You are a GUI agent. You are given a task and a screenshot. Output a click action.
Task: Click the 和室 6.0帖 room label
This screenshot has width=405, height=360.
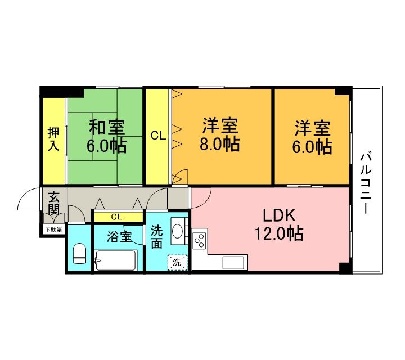click(x=107, y=136)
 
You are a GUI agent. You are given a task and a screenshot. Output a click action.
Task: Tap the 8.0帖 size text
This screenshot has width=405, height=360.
click(x=220, y=144)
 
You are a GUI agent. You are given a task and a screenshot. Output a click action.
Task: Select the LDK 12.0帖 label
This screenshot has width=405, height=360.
click(x=279, y=224)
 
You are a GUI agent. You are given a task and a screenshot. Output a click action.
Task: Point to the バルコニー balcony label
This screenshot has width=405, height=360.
click(x=366, y=183)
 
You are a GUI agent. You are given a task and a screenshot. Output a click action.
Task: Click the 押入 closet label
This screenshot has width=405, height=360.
click(x=53, y=139)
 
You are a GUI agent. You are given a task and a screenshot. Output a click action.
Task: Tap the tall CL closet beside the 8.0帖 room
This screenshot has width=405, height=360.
click(x=158, y=136)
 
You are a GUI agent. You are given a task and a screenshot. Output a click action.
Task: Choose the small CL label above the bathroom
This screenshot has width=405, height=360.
click(x=116, y=217)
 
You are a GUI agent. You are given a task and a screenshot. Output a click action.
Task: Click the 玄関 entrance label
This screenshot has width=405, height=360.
click(x=54, y=203)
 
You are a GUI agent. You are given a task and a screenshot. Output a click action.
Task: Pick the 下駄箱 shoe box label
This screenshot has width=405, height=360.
click(x=54, y=229)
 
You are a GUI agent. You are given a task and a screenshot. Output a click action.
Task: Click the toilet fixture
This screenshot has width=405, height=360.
click(x=79, y=253)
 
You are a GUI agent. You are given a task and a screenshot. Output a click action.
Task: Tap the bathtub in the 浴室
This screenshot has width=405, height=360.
click(x=115, y=260)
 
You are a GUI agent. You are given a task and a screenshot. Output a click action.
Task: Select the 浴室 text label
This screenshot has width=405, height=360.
click(x=119, y=237)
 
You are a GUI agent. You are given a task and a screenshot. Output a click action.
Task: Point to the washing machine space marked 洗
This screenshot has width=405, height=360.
click(x=177, y=262)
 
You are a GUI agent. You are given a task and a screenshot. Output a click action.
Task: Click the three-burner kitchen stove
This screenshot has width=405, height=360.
click(x=200, y=240)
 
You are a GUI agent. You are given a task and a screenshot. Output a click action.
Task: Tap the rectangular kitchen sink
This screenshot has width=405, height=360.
click(x=233, y=262)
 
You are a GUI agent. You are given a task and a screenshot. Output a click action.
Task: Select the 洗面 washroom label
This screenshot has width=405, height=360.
click(x=156, y=237)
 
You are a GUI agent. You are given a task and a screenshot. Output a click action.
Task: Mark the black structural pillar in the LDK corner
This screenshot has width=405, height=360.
click(x=345, y=267)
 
